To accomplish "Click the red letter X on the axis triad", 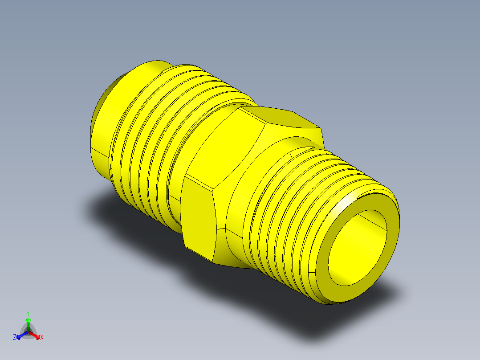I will coord(42,338).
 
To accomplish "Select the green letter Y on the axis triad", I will coord(28,313).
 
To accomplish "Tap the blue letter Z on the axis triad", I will coord(15,338).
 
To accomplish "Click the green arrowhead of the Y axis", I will coord(28,320).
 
